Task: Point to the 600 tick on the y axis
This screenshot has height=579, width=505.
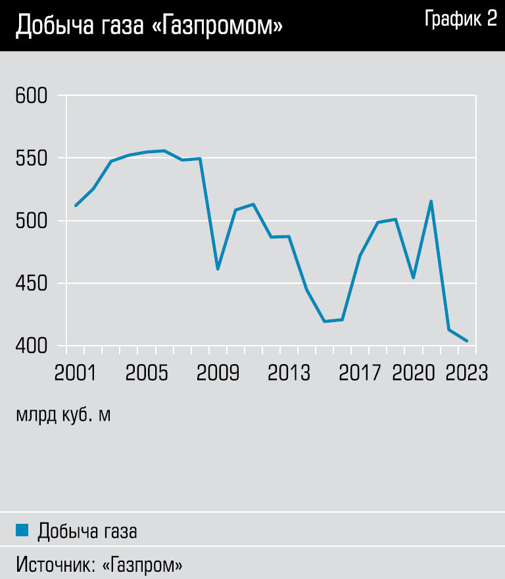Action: coord(32,96)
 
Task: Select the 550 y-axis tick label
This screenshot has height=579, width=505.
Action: coord(32,158)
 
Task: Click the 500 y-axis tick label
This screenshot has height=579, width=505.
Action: coord(32,221)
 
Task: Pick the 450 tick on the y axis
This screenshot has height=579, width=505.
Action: coord(32,283)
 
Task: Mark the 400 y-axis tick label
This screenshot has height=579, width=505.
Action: coord(32,346)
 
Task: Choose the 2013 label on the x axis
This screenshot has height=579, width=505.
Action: coord(289,373)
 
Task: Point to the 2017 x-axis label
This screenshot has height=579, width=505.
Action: coord(360,373)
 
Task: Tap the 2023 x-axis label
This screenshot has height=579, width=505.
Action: coord(466,373)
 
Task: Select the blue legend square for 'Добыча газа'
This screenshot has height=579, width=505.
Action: coord(22,530)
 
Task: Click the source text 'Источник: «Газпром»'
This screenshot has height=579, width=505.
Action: coord(99,564)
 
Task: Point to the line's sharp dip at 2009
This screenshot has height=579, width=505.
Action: coord(218,269)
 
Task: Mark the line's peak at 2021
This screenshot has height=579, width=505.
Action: coord(431,201)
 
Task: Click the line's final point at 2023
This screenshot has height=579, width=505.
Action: coord(466,340)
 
